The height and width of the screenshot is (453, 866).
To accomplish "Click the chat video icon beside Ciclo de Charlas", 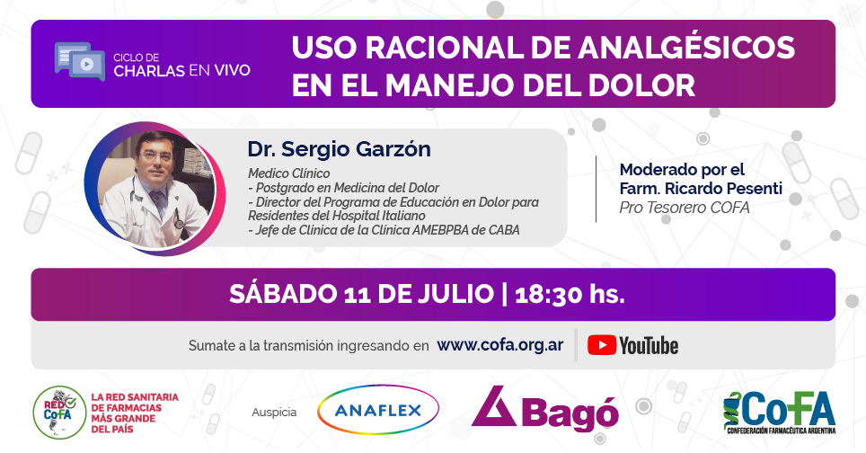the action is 80,61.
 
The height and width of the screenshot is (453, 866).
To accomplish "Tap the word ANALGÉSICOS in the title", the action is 686,48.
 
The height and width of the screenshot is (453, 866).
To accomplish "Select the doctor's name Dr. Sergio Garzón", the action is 339,149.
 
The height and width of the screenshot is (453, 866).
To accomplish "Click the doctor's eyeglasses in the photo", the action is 155,155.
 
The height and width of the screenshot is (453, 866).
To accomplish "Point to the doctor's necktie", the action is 159,201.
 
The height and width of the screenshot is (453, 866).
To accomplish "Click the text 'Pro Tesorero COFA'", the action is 685,208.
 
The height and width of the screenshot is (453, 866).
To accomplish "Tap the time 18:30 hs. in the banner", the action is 570,295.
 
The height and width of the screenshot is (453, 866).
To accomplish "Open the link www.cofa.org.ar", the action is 500,345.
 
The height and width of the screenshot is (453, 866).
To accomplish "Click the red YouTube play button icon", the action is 602,345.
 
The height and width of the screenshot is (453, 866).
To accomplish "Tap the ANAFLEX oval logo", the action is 378,410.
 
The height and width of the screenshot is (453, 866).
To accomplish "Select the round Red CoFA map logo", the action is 59,413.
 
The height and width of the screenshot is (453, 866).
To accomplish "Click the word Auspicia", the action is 274,413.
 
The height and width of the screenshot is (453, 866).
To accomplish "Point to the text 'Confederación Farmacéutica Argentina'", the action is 781,431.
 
